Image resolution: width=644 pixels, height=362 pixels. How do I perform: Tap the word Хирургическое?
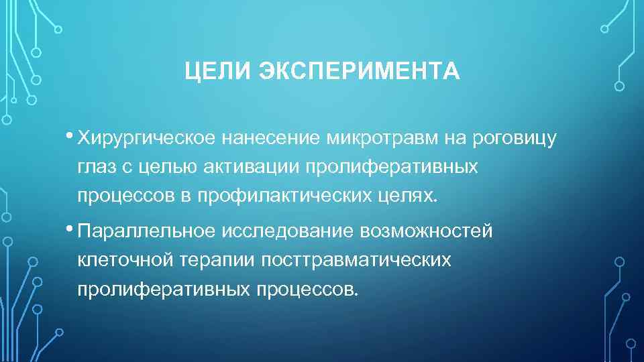point(146,138)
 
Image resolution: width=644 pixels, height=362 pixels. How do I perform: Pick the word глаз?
point(97,167)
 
